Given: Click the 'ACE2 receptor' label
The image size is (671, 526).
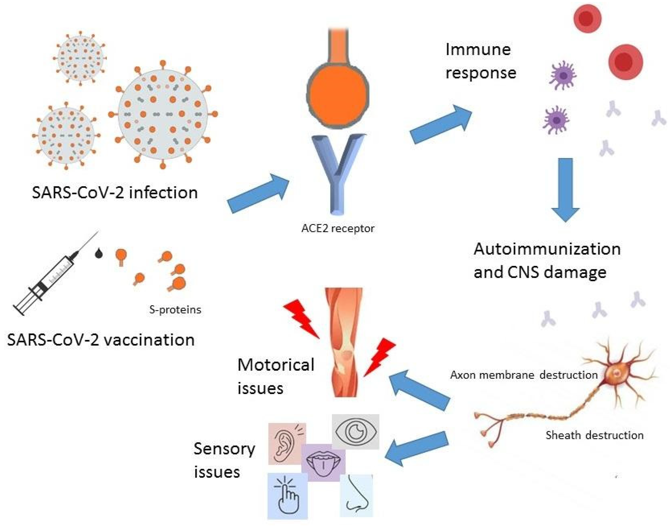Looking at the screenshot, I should click(338, 229).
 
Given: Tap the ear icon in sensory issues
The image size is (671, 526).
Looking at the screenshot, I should click(287, 444).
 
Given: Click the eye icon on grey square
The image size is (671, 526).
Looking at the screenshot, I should click(355, 431).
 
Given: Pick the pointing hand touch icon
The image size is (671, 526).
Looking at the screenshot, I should click(287, 496).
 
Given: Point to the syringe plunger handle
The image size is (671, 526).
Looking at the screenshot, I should click(19, 309).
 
